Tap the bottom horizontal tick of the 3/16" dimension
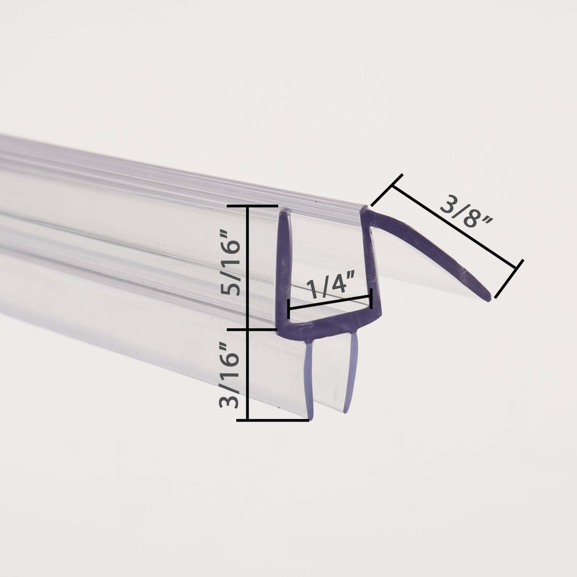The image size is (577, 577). (x=272, y=420)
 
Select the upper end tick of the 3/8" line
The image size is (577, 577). (x=387, y=190)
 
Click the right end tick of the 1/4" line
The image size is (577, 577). (x=371, y=298)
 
